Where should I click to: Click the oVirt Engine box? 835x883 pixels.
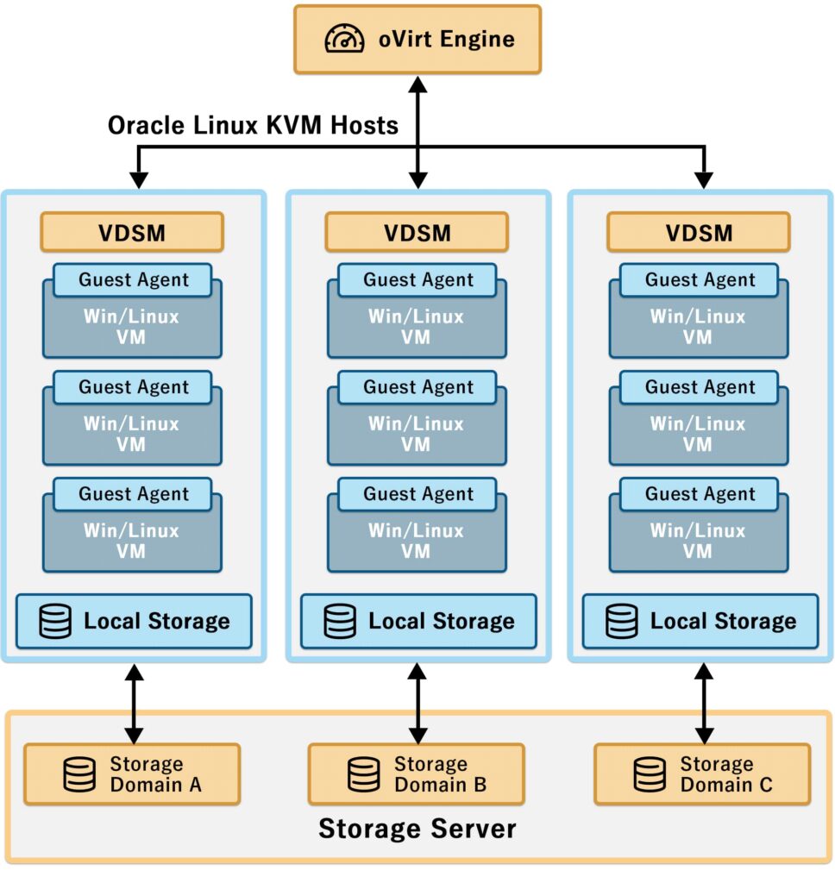[417, 39]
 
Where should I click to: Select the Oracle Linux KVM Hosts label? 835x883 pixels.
[253, 126]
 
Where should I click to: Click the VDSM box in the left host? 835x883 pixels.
[132, 232]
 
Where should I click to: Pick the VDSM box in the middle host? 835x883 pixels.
[417, 232]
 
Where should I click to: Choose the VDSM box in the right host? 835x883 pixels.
[699, 232]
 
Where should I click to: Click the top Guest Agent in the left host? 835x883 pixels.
[133, 279]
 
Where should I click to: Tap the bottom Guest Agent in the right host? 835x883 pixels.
[700, 494]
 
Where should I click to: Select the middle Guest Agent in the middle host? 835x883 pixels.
[417, 387]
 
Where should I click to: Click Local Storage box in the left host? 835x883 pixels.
[134, 621]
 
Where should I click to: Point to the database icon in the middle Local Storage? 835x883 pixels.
[339, 622]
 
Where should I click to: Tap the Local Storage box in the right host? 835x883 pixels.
[700, 621]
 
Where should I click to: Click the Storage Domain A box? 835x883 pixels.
[132, 774]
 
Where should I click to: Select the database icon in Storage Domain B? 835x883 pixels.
[363, 774]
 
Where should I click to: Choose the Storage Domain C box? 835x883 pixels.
[702, 774]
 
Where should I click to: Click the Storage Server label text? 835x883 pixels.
[417, 830]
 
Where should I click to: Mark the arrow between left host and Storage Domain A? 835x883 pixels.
[134, 704]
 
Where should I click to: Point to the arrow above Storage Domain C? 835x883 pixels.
[705, 704]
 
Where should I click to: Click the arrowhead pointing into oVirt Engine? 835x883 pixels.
[417, 84]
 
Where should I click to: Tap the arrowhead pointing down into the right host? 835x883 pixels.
[705, 179]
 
